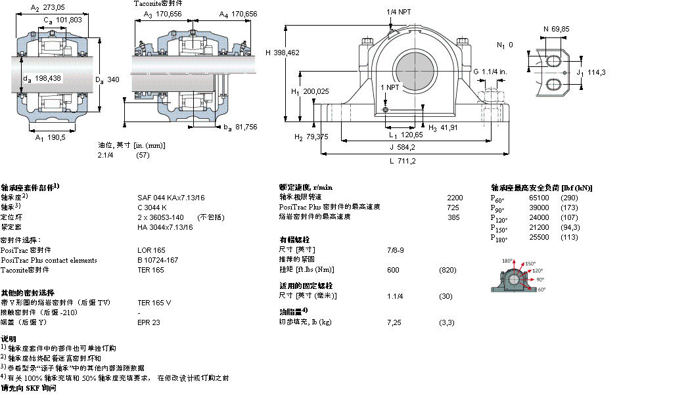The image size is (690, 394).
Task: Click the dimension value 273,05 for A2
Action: tap(54, 9)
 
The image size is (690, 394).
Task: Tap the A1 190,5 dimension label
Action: tap(51, 138)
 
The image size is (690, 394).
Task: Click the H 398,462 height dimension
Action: tap(282, 53)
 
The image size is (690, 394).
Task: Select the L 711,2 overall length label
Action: tap(402, 160)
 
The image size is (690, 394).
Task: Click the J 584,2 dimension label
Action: tap(402, 146)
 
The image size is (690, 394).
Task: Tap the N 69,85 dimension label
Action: tap(555, 28)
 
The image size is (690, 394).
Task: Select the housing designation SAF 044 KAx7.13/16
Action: tap(171, 197)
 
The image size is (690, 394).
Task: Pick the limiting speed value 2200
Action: tap(455, 197)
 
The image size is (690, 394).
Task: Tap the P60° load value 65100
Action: tap(539, 197)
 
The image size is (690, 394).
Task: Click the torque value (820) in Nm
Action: tap(448, 270)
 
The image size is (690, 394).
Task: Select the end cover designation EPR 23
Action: tap(149, 322)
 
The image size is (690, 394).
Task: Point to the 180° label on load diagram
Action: tap(507, 261)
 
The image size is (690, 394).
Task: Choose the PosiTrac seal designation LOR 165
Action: tap(151, 250)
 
